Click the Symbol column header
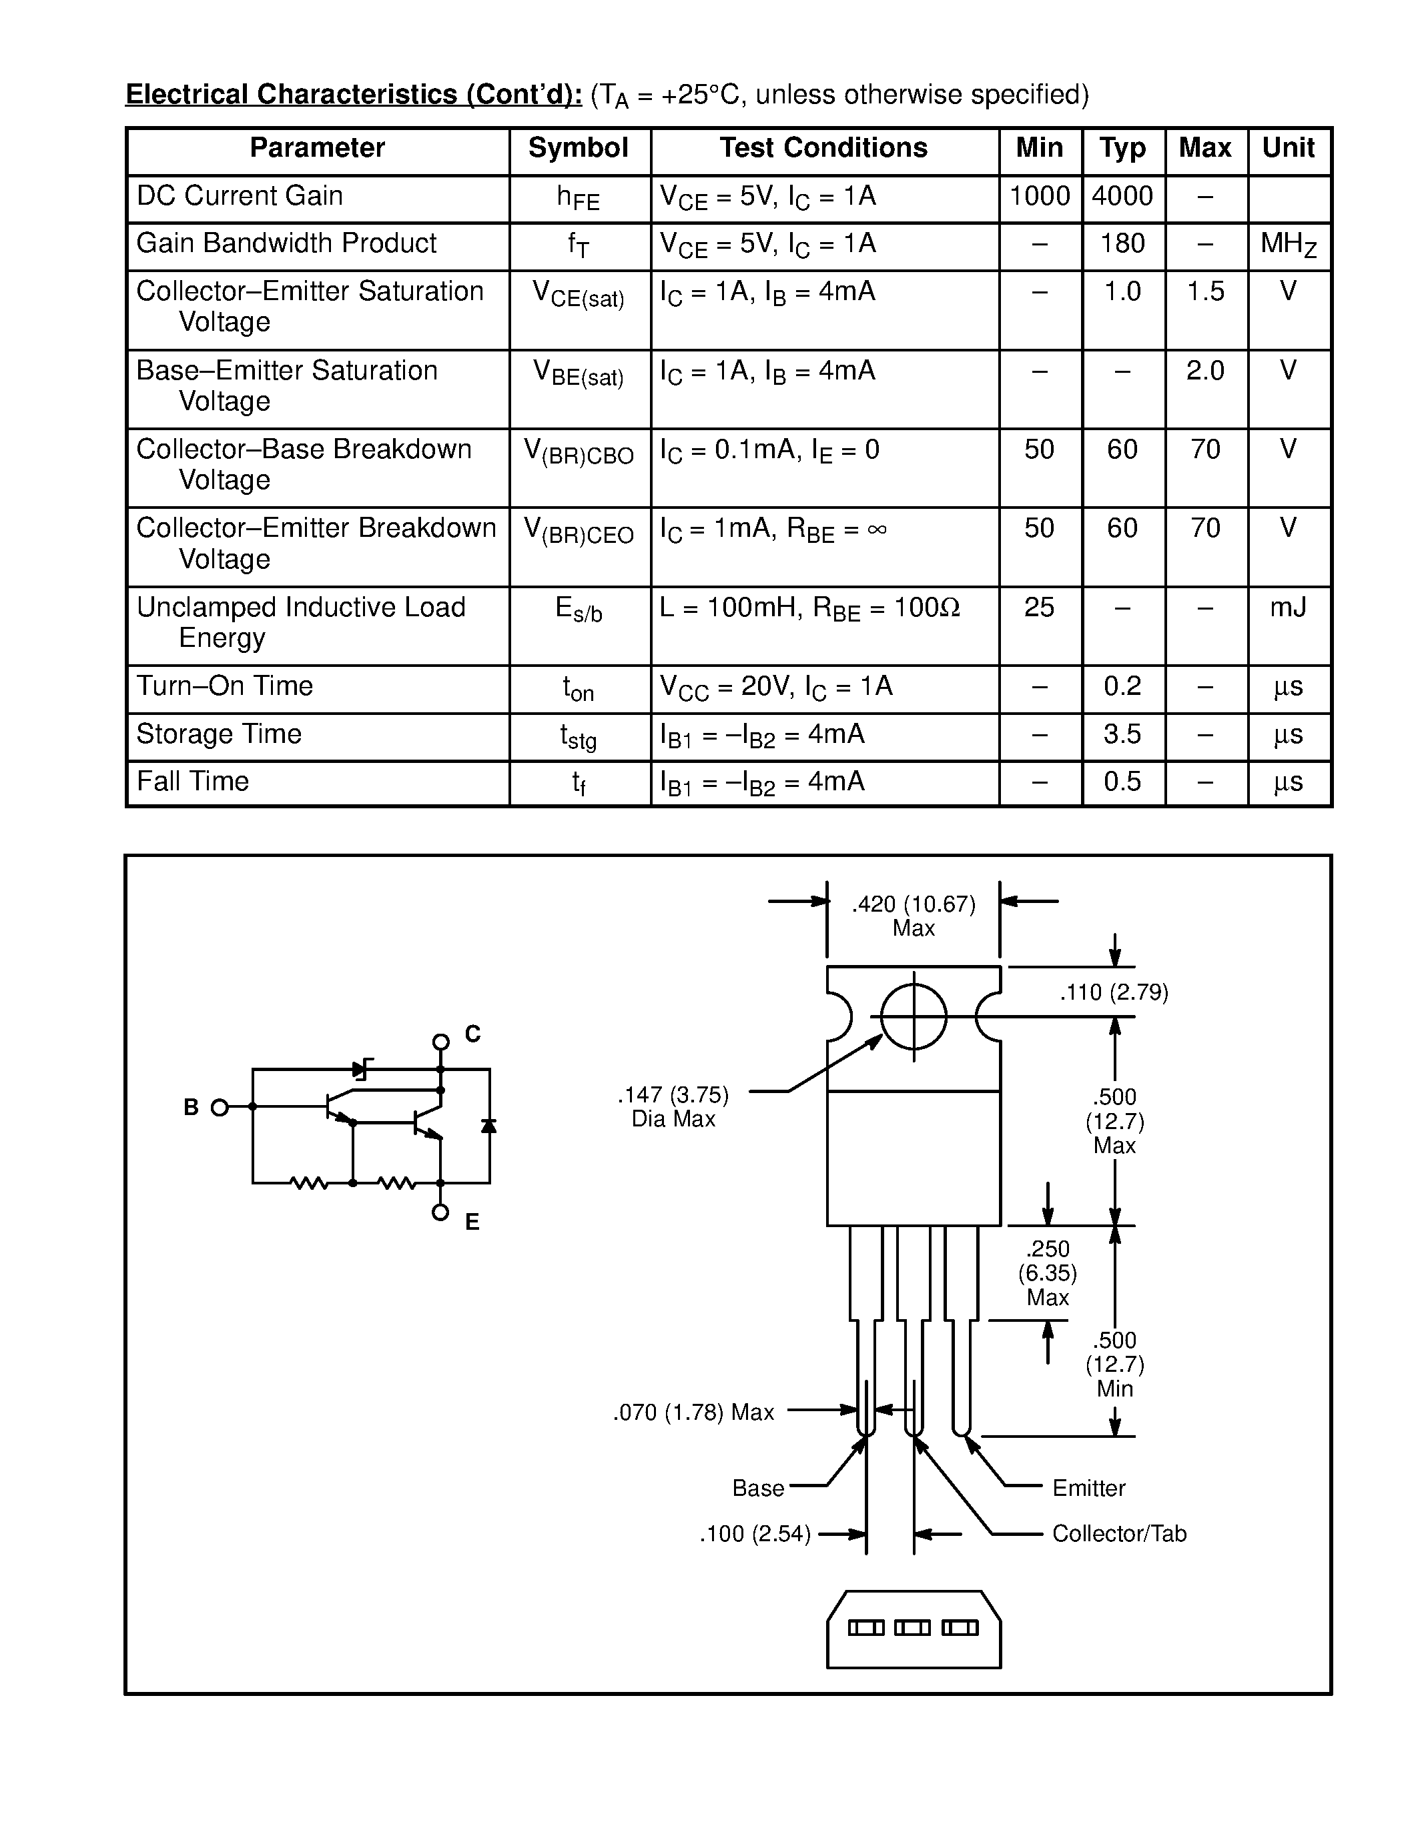(x=578, y=149)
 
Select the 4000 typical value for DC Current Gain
(x=1122, y=197)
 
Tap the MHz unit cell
(x=1289, y=244)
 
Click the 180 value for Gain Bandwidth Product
(x=1122, y=243)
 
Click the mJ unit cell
(x=1288, y=607)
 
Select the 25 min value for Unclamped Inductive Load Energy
(x=1039, y=607)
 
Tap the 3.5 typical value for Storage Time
(x=1122, y=734)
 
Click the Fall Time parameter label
(x=194, y=782)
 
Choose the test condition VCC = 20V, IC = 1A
(x=776, y=687)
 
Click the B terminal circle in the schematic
(x=220, y=1108)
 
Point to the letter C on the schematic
(x=473, y=1034)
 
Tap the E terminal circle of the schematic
(x=440, y=1212)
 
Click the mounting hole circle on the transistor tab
(x=914, y=1017)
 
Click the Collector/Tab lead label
(x=1119, y=1534)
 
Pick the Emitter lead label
(x=1089, y=1489)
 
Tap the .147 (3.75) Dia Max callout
(x=674, y=1107)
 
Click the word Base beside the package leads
(x=758, y=1489)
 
